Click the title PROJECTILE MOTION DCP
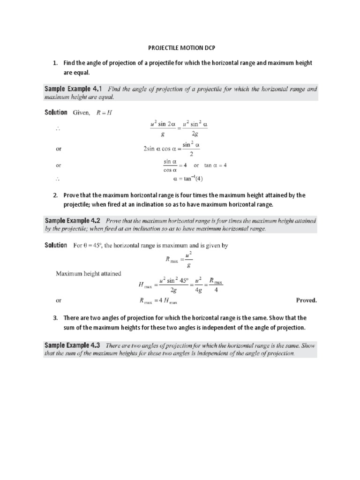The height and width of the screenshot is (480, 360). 181,48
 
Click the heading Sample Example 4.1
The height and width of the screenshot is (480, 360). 74,88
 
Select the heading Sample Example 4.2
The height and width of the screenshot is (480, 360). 74,220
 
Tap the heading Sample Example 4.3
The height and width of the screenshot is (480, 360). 74,345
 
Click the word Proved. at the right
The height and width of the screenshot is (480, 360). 306,300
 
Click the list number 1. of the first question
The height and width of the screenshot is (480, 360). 55,63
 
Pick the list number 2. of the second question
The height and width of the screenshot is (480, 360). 55,195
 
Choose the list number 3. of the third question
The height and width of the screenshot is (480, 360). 55,318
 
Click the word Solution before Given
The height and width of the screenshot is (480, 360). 56,112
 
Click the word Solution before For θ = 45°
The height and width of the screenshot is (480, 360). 56,245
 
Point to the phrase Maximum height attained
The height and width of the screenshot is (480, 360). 89,274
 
